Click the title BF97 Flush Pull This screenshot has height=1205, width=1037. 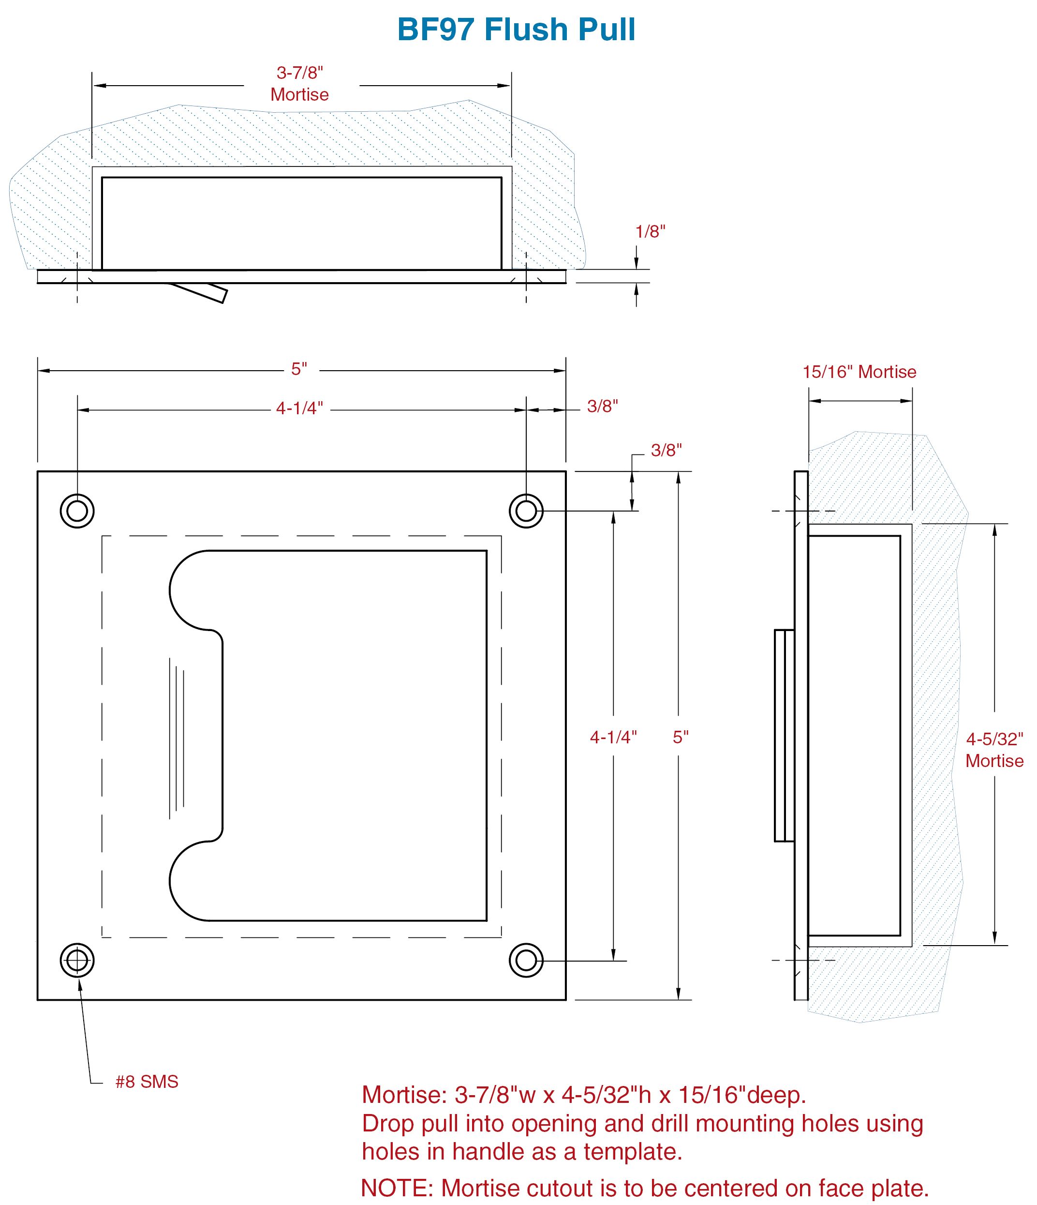pos(516,29)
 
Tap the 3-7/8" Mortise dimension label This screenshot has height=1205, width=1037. pos(299,83)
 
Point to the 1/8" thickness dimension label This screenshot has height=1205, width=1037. pos(650,231)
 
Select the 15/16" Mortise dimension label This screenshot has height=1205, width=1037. pos(859,372)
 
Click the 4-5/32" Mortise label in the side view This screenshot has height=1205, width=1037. pos(994,750)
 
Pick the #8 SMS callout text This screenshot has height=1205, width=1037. pos(147,1082)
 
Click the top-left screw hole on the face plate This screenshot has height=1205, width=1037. pos(77,511)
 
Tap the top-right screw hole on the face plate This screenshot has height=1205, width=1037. pos(526,511)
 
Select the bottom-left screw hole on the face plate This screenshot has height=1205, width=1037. pos(77,961)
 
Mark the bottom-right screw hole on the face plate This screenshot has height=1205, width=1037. pos(526,961)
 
